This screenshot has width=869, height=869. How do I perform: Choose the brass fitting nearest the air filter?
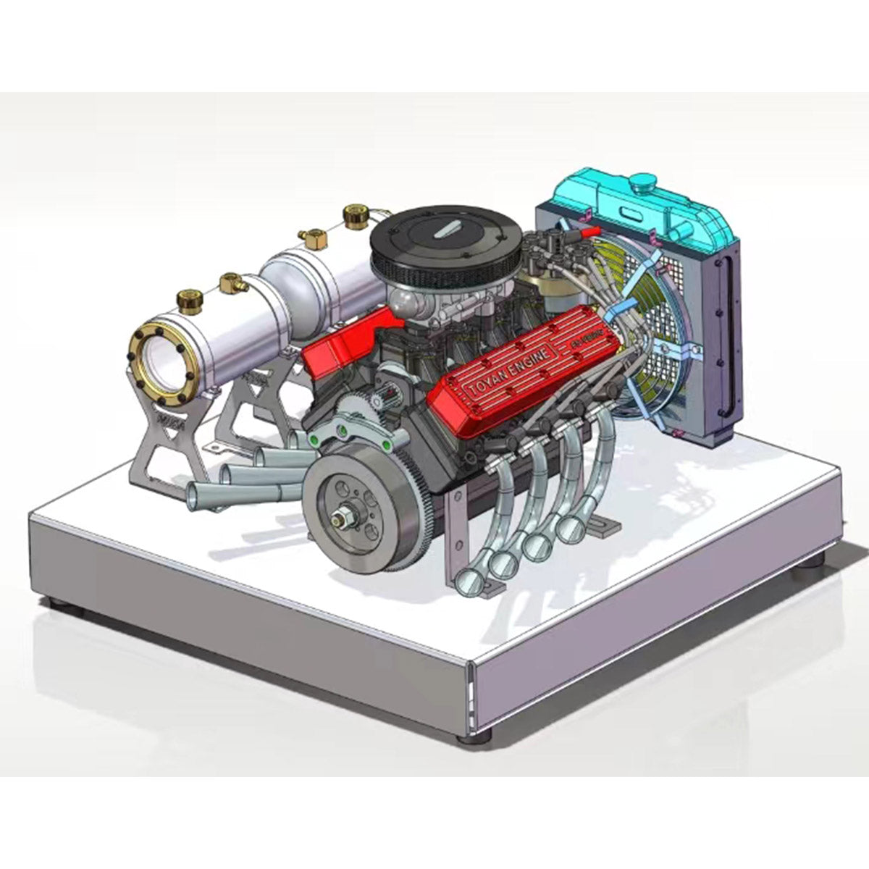[x=355, y=214]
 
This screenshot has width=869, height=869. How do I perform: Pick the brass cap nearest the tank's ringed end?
[x=188, y=299]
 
